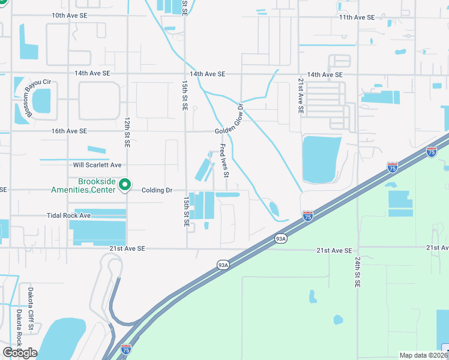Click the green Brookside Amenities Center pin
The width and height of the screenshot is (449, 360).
tap(125, 185)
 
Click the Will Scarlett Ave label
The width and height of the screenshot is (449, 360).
tap(97, 164)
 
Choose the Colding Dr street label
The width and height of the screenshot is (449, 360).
tap(157, 190)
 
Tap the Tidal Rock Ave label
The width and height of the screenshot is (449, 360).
tap(68, 215)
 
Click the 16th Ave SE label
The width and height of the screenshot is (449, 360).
tap(69, 131)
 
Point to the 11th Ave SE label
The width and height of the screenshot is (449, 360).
tap(357, 17)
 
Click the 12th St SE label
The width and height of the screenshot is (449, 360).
tap(127, 132)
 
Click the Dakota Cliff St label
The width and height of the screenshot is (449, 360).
tap(31, 309)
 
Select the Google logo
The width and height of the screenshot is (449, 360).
tap(20, 353)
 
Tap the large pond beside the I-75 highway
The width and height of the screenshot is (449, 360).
tap(321, 158)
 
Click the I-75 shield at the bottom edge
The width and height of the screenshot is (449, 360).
tap(126, 349)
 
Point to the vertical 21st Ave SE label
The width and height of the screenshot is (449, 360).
tap(302, 96)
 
